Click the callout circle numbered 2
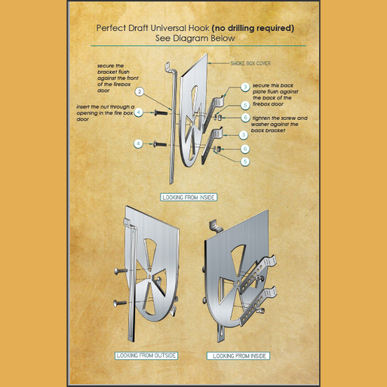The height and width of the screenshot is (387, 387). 140,91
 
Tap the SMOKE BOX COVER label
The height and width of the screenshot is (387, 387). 250,63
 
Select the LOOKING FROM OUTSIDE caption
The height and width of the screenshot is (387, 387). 146,355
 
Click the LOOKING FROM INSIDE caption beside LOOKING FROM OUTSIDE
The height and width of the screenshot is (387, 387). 238,356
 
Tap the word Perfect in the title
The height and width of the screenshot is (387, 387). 111,28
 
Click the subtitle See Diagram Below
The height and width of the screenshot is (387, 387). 195,38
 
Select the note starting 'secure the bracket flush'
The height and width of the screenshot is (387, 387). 118,78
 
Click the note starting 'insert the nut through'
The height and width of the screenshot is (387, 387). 105,113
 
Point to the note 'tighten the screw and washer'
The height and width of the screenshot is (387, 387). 279,124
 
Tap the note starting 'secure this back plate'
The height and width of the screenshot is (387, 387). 275,95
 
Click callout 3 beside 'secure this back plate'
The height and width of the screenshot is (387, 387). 245,87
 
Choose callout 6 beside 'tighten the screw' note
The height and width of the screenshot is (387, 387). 245,118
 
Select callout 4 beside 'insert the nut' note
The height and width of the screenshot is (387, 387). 138,112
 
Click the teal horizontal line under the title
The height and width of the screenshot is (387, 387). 198,46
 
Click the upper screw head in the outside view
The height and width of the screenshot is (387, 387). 117,272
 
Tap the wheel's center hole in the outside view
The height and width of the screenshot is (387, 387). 149,277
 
